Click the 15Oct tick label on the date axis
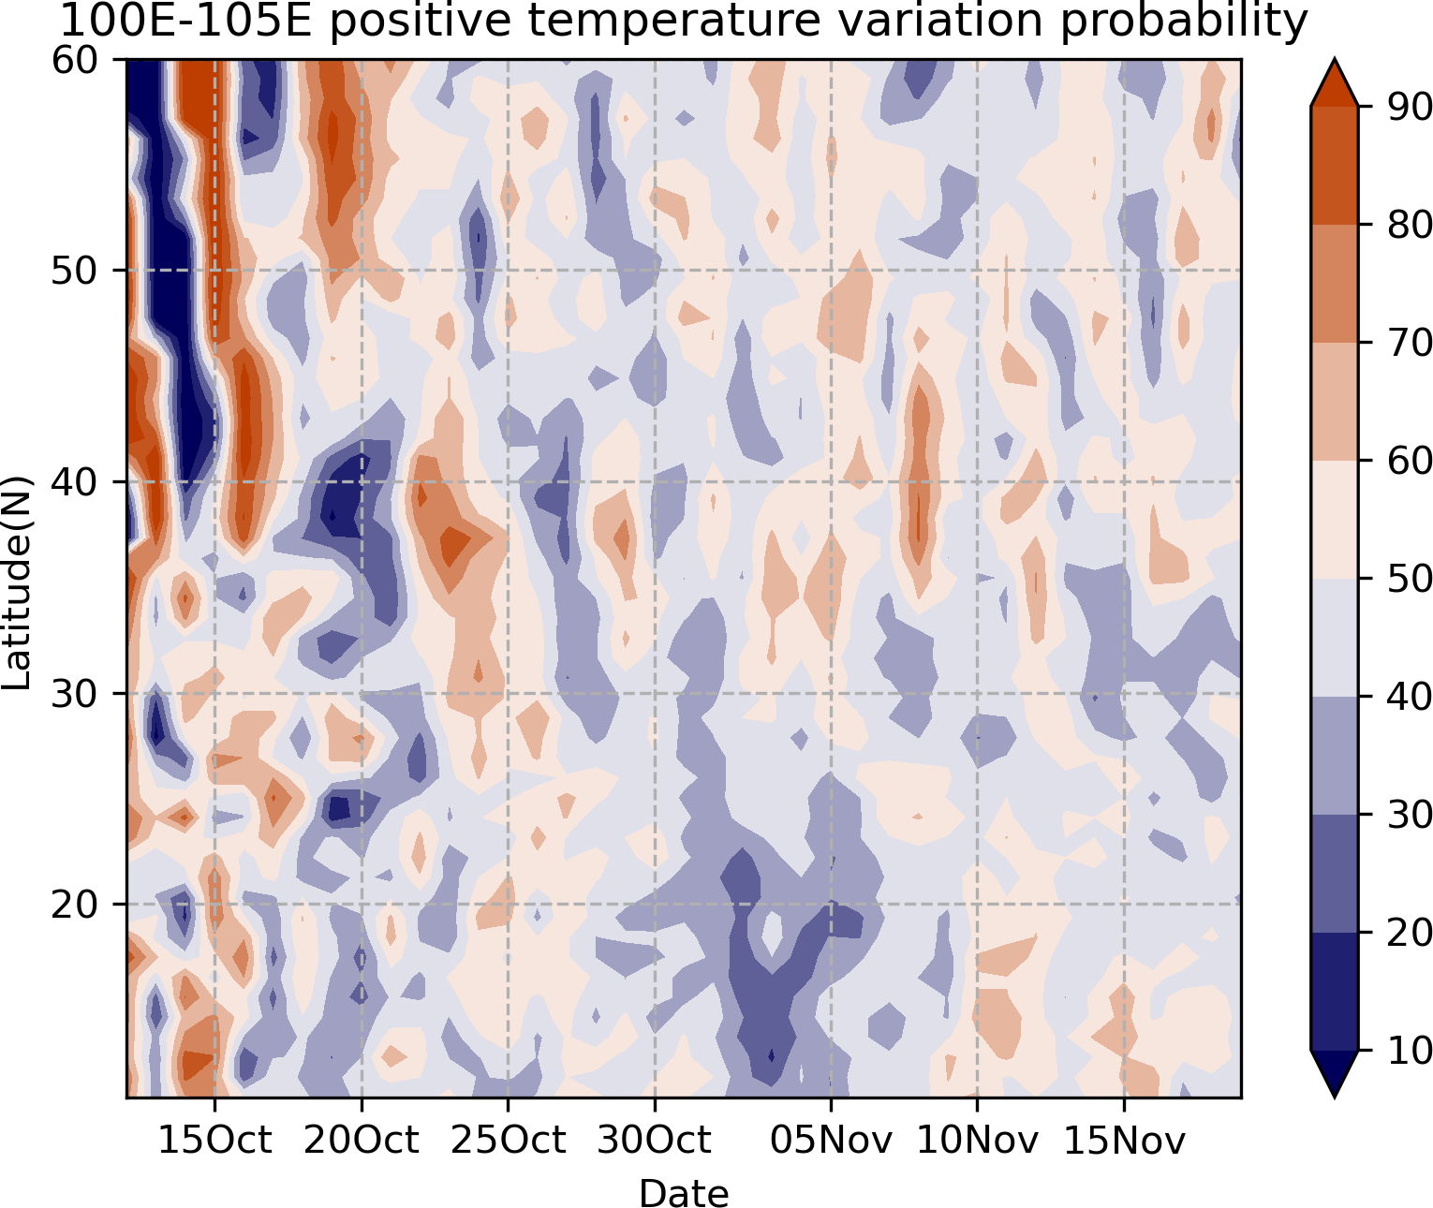point(214,1140)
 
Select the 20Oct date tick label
point(361,1140)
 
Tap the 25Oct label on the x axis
point(508,1140)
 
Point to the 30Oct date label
point(654,1140)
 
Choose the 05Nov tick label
point(831,1140)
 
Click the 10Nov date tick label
point(977,1140)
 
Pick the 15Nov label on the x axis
point(1124,1140)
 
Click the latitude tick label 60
point(75,60)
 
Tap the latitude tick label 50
point(75,272)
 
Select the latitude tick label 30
point(75,694)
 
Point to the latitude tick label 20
point(75,905)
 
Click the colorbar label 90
point(1410,107)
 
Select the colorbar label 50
point(1410,579)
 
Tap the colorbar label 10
point(1410,1050)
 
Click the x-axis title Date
point(684,1192)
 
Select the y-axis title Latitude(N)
point(17,582)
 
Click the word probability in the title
point(1184,22)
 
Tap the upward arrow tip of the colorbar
point(1335,59)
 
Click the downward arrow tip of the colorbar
point(1335,1098)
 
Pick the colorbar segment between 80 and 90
point(1335,166)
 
